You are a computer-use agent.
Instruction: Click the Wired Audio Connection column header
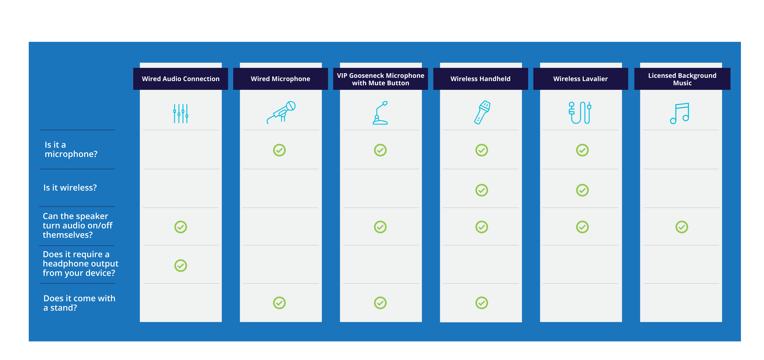pyautogui.click(x=181, y=79)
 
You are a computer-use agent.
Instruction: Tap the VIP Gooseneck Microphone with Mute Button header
pyautogui.click(x=381, y=79)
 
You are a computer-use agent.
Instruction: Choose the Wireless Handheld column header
pyautogui.click(x=480, y=79)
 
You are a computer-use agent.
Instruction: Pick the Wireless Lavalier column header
pyautogui.click(x=580, y=79)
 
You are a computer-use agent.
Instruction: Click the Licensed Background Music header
pyautogui.click(x=682, y=79)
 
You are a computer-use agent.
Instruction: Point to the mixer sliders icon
pyautogui.click(x=181, y=113)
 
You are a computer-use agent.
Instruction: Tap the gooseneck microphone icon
pyautogui.click(x=380, y=113)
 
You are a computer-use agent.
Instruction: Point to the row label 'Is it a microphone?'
pyautogui.click(x=71, y=149)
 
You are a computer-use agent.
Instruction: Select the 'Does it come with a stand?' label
pyautogui.click(x=79, y=303)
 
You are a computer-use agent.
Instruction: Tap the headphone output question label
pyautogui.click(x=80, y=264)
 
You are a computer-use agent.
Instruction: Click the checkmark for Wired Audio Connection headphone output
pyautogui.click(x=181, y=266)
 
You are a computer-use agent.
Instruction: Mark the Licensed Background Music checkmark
pyautogui.click(x=682, y=227)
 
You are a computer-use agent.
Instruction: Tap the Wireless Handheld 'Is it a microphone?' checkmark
pyautogui.click(x=482, y=150)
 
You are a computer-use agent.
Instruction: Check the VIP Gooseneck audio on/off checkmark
pyautogui.click(x=380, y=227)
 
